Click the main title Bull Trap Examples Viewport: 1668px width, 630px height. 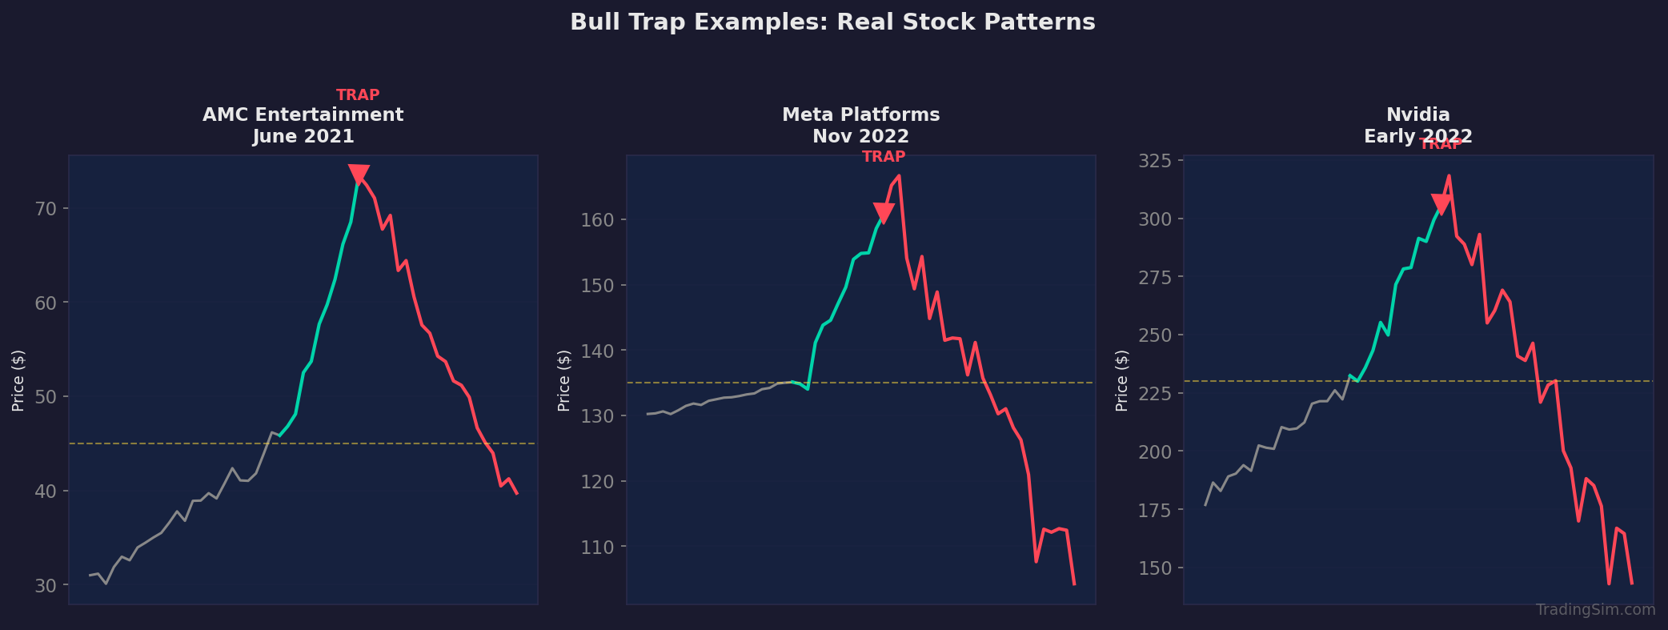point(832,22)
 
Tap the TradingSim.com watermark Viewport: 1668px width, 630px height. point(1595,610)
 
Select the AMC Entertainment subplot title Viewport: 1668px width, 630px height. point(303,125)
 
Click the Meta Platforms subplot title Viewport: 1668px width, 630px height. point(860,125)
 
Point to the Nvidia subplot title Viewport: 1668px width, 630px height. point(1417,125)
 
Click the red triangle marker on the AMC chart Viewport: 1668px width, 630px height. point(359,174)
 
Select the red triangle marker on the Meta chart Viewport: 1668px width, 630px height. point(884,212)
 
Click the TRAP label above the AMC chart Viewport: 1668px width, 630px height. point(358,95)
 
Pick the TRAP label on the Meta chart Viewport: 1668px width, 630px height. point(884,157)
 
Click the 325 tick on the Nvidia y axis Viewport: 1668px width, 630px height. point(1156,161)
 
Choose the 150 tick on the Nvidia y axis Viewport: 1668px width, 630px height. point(1156,568)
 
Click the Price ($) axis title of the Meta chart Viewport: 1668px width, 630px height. point(564,380)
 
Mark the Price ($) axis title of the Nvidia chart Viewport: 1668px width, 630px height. point(1122,380)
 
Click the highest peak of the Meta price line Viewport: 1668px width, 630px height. point(899,175)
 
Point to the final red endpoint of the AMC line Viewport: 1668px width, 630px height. point(517,493)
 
